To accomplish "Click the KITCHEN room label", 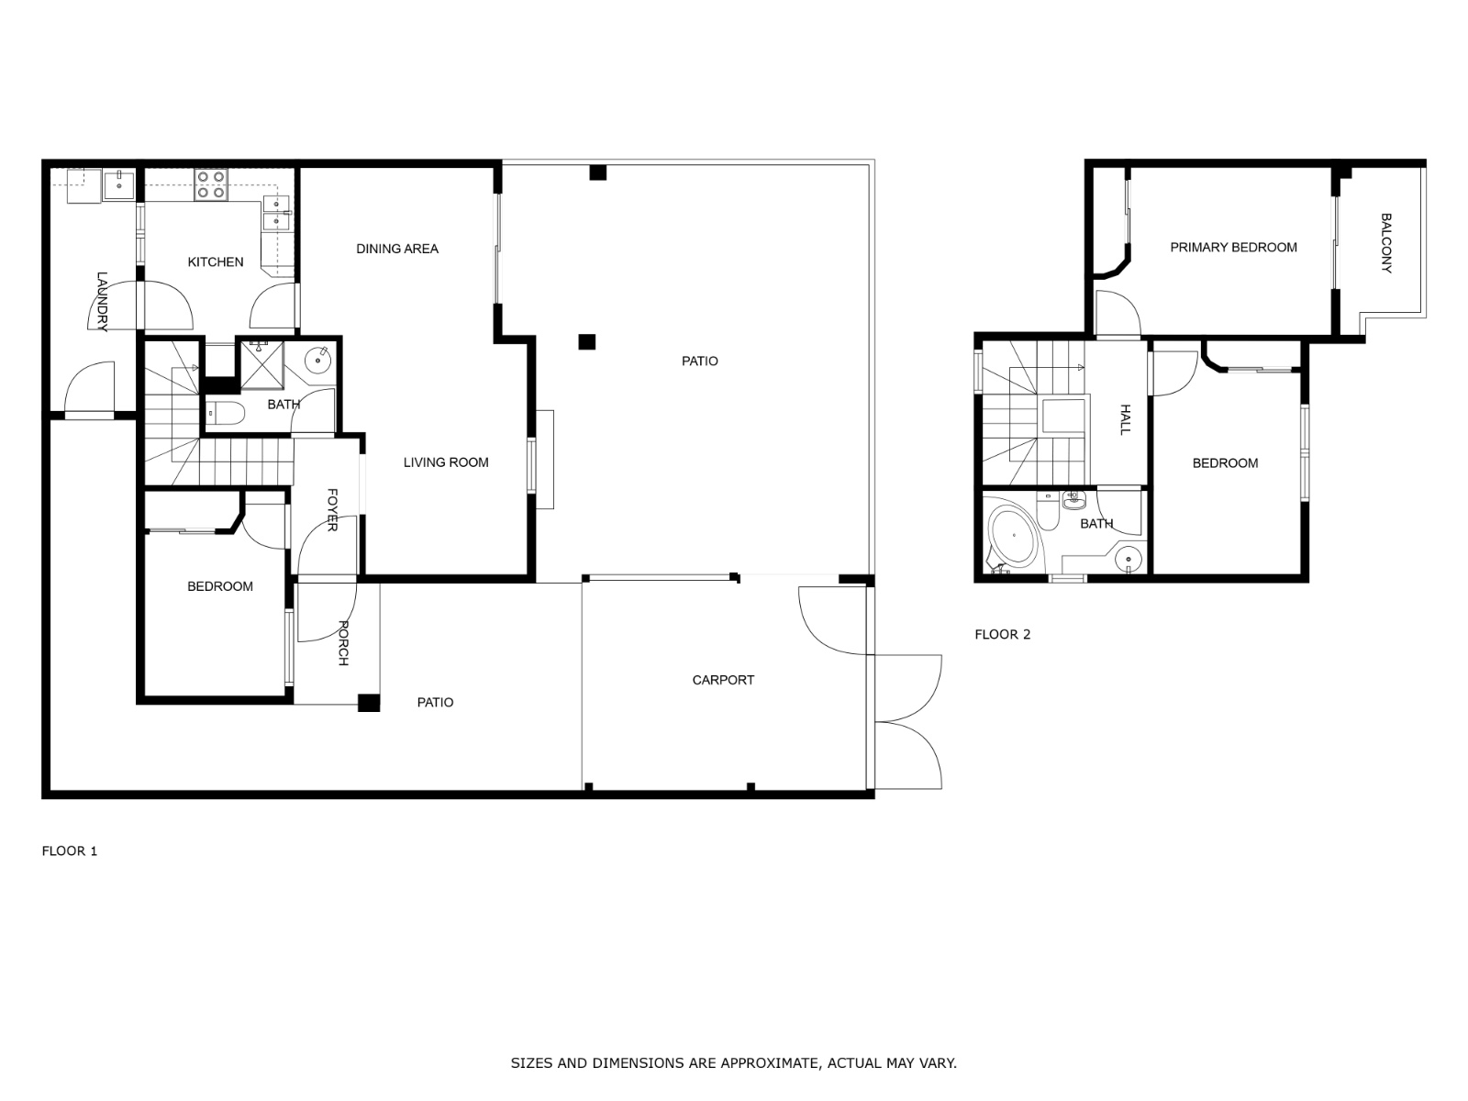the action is [x=216, y=262].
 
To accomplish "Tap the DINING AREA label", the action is [x=397, y=249].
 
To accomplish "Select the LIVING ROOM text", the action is [x=446, y=462].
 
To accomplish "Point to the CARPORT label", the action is [x=723, y=680].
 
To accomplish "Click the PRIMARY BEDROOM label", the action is [x=1233, y=248].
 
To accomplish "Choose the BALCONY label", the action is [x=1386, y=242].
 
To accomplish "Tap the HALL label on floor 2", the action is [x=1126, y=420].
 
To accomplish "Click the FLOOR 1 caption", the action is [x=70, y=851].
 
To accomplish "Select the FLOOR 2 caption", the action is [x=1003, y=634].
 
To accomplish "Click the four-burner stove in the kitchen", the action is [x=211, y=184].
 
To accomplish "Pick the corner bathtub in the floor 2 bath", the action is [x=1013, y=536].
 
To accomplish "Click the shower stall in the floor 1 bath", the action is [x=262, y=365].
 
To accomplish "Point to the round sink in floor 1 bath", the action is [x=317, y=361].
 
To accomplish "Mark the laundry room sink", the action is [x=119, y=184].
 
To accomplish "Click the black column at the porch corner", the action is [x=369, y=703].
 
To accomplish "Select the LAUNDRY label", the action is [x=102, y=302].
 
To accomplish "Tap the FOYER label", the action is [x=332, y=510].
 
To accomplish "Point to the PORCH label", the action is [x=343, y=643].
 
